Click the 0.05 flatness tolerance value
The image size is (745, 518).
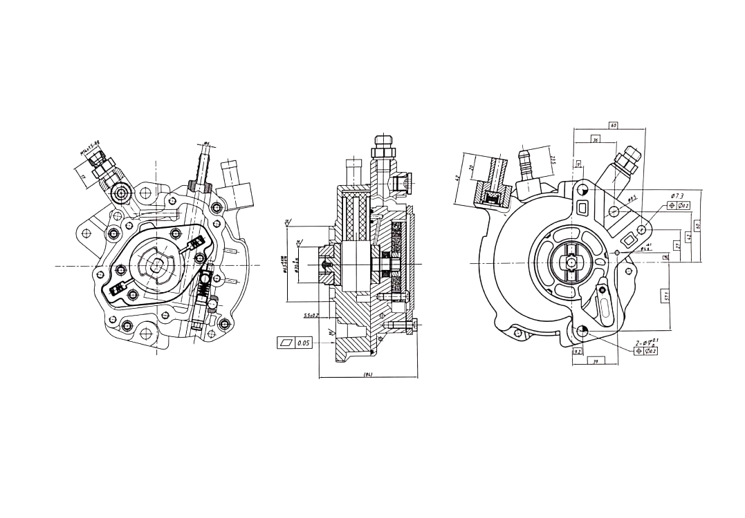pyautogui.click(x=304, y=343)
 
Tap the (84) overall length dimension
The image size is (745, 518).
pyautogui.click(x=368, y=374)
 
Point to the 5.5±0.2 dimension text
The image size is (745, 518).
pyautogui.click(x=311, y=316)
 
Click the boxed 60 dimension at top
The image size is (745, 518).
pyautogui.click(x=613, y=125)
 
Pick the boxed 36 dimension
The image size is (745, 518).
pyautogui.click(x=594, y=140)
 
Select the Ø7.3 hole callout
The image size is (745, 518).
pyautogui.click(x=677, y=196)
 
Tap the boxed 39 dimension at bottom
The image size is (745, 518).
pyautogui.click(x=596, y=360)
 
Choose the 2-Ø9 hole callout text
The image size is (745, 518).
pyautogui.click(x=647, y=343)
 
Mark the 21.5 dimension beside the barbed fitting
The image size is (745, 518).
pyautogui.click(x=553, y=160)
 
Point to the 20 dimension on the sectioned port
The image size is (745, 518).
pyautogui.click(x=472, y=169)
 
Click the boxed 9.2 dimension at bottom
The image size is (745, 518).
pyautogui.click(x=577, y=352)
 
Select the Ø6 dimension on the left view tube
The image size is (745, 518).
pyautogui.click(x=206, y=144)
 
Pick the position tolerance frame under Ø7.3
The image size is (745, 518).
pyautogui.click(x=679, y=205)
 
